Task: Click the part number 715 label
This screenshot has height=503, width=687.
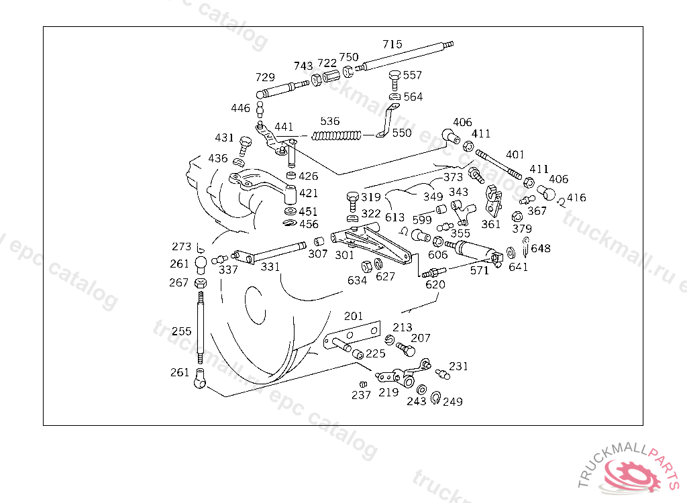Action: (392, 44)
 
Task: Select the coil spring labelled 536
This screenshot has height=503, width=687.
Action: (337, 136)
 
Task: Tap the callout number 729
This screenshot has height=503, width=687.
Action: (265, 78)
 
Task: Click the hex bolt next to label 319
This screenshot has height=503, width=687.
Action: (352, 201)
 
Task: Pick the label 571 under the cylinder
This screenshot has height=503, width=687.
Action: (479, 270)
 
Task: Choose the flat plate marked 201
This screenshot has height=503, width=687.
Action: (352, 335)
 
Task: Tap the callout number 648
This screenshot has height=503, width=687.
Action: (541, 248)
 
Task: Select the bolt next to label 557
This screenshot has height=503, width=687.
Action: (394, 80)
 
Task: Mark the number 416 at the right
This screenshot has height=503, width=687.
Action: (576, 198)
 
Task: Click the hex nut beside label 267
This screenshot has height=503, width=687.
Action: (200, 283)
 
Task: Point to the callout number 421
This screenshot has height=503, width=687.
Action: (309, 193)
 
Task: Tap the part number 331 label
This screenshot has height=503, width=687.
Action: (270, 267)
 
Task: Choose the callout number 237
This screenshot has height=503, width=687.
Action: (361, 395)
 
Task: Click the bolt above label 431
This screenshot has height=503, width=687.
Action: (246, 146)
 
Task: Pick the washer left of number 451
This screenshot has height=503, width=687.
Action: (290, 212)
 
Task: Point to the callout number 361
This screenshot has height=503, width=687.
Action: (490, 224)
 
